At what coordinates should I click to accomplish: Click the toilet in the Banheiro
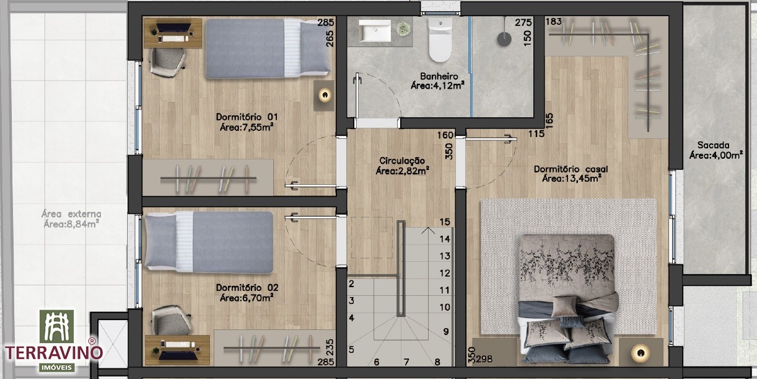tap(440, 39)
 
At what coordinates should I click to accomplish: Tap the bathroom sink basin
tap(374, 30)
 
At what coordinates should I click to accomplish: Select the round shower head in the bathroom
tap(504, 38)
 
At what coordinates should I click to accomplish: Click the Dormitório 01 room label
tap(247, 122)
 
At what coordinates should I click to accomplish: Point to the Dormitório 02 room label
tap(247, 293)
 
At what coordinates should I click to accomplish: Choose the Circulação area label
tap(402, 166)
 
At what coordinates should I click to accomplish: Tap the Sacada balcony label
tap(715, 150)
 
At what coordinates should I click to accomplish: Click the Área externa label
tap(71, 219)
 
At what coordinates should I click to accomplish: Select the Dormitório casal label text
tap(571, 174)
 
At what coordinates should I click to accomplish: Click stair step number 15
tap(445, 222)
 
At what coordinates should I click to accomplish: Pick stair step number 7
tap(406, 362)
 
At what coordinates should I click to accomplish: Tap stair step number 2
tap(351, 283)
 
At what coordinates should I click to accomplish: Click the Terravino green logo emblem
tap(56, 326)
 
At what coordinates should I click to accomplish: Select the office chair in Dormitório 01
tap(167, 62)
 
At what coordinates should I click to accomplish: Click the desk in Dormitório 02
tap(177, 350)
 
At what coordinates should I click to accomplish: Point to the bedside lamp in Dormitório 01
tap(325, 96)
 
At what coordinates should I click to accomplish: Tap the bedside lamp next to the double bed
tap(641, 352)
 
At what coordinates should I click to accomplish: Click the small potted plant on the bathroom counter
tap(402, 28)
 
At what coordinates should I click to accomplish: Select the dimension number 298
tap(484, 359)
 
